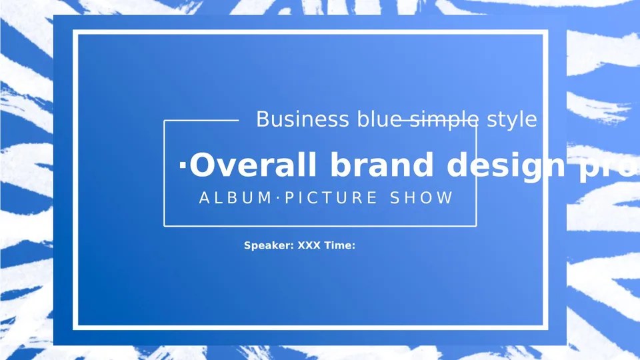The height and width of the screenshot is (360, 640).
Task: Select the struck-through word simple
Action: point(443,119)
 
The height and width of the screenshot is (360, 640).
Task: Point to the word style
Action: point(512,119)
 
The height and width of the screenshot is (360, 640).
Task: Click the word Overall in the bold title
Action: point(255,165)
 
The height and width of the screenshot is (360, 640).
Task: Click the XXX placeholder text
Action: point(309,245)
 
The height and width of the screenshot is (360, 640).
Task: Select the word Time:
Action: point(340,245)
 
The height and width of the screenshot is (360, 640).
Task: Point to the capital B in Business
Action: point(263,119)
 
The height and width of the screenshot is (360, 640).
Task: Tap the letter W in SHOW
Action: point(445,198)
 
